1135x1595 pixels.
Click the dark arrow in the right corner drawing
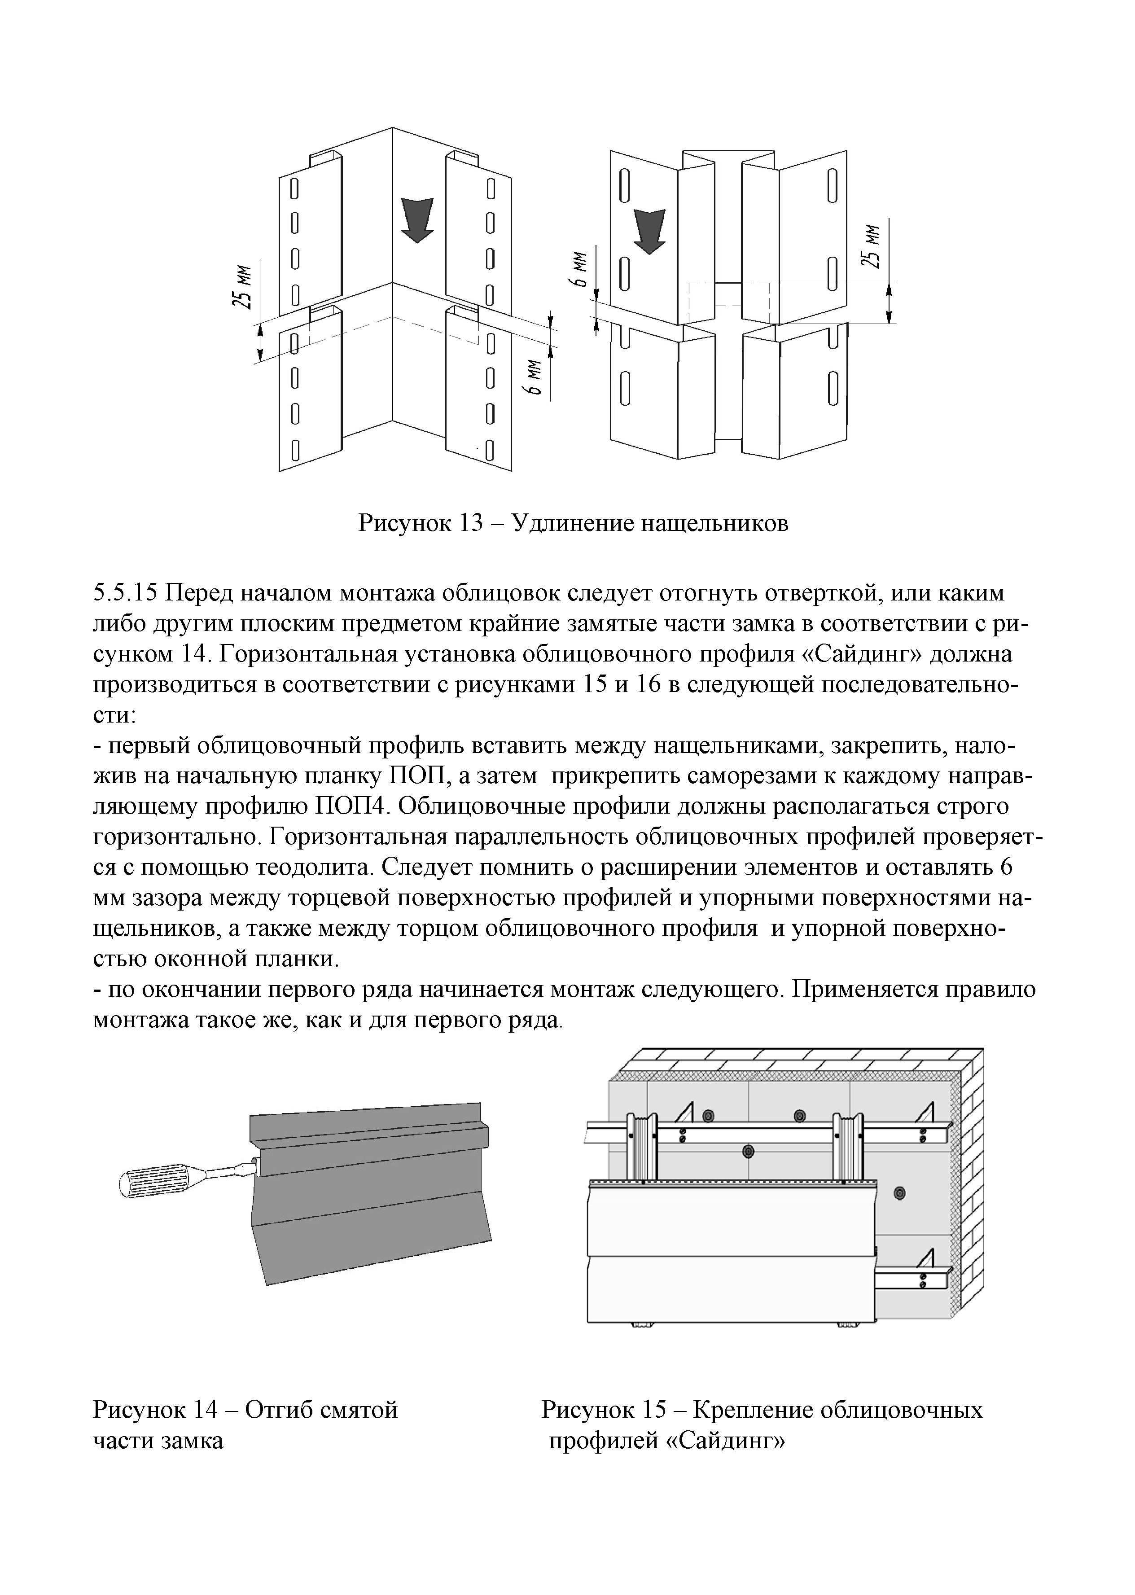pos(649,230)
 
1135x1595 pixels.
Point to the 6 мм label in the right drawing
pos(580,271)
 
